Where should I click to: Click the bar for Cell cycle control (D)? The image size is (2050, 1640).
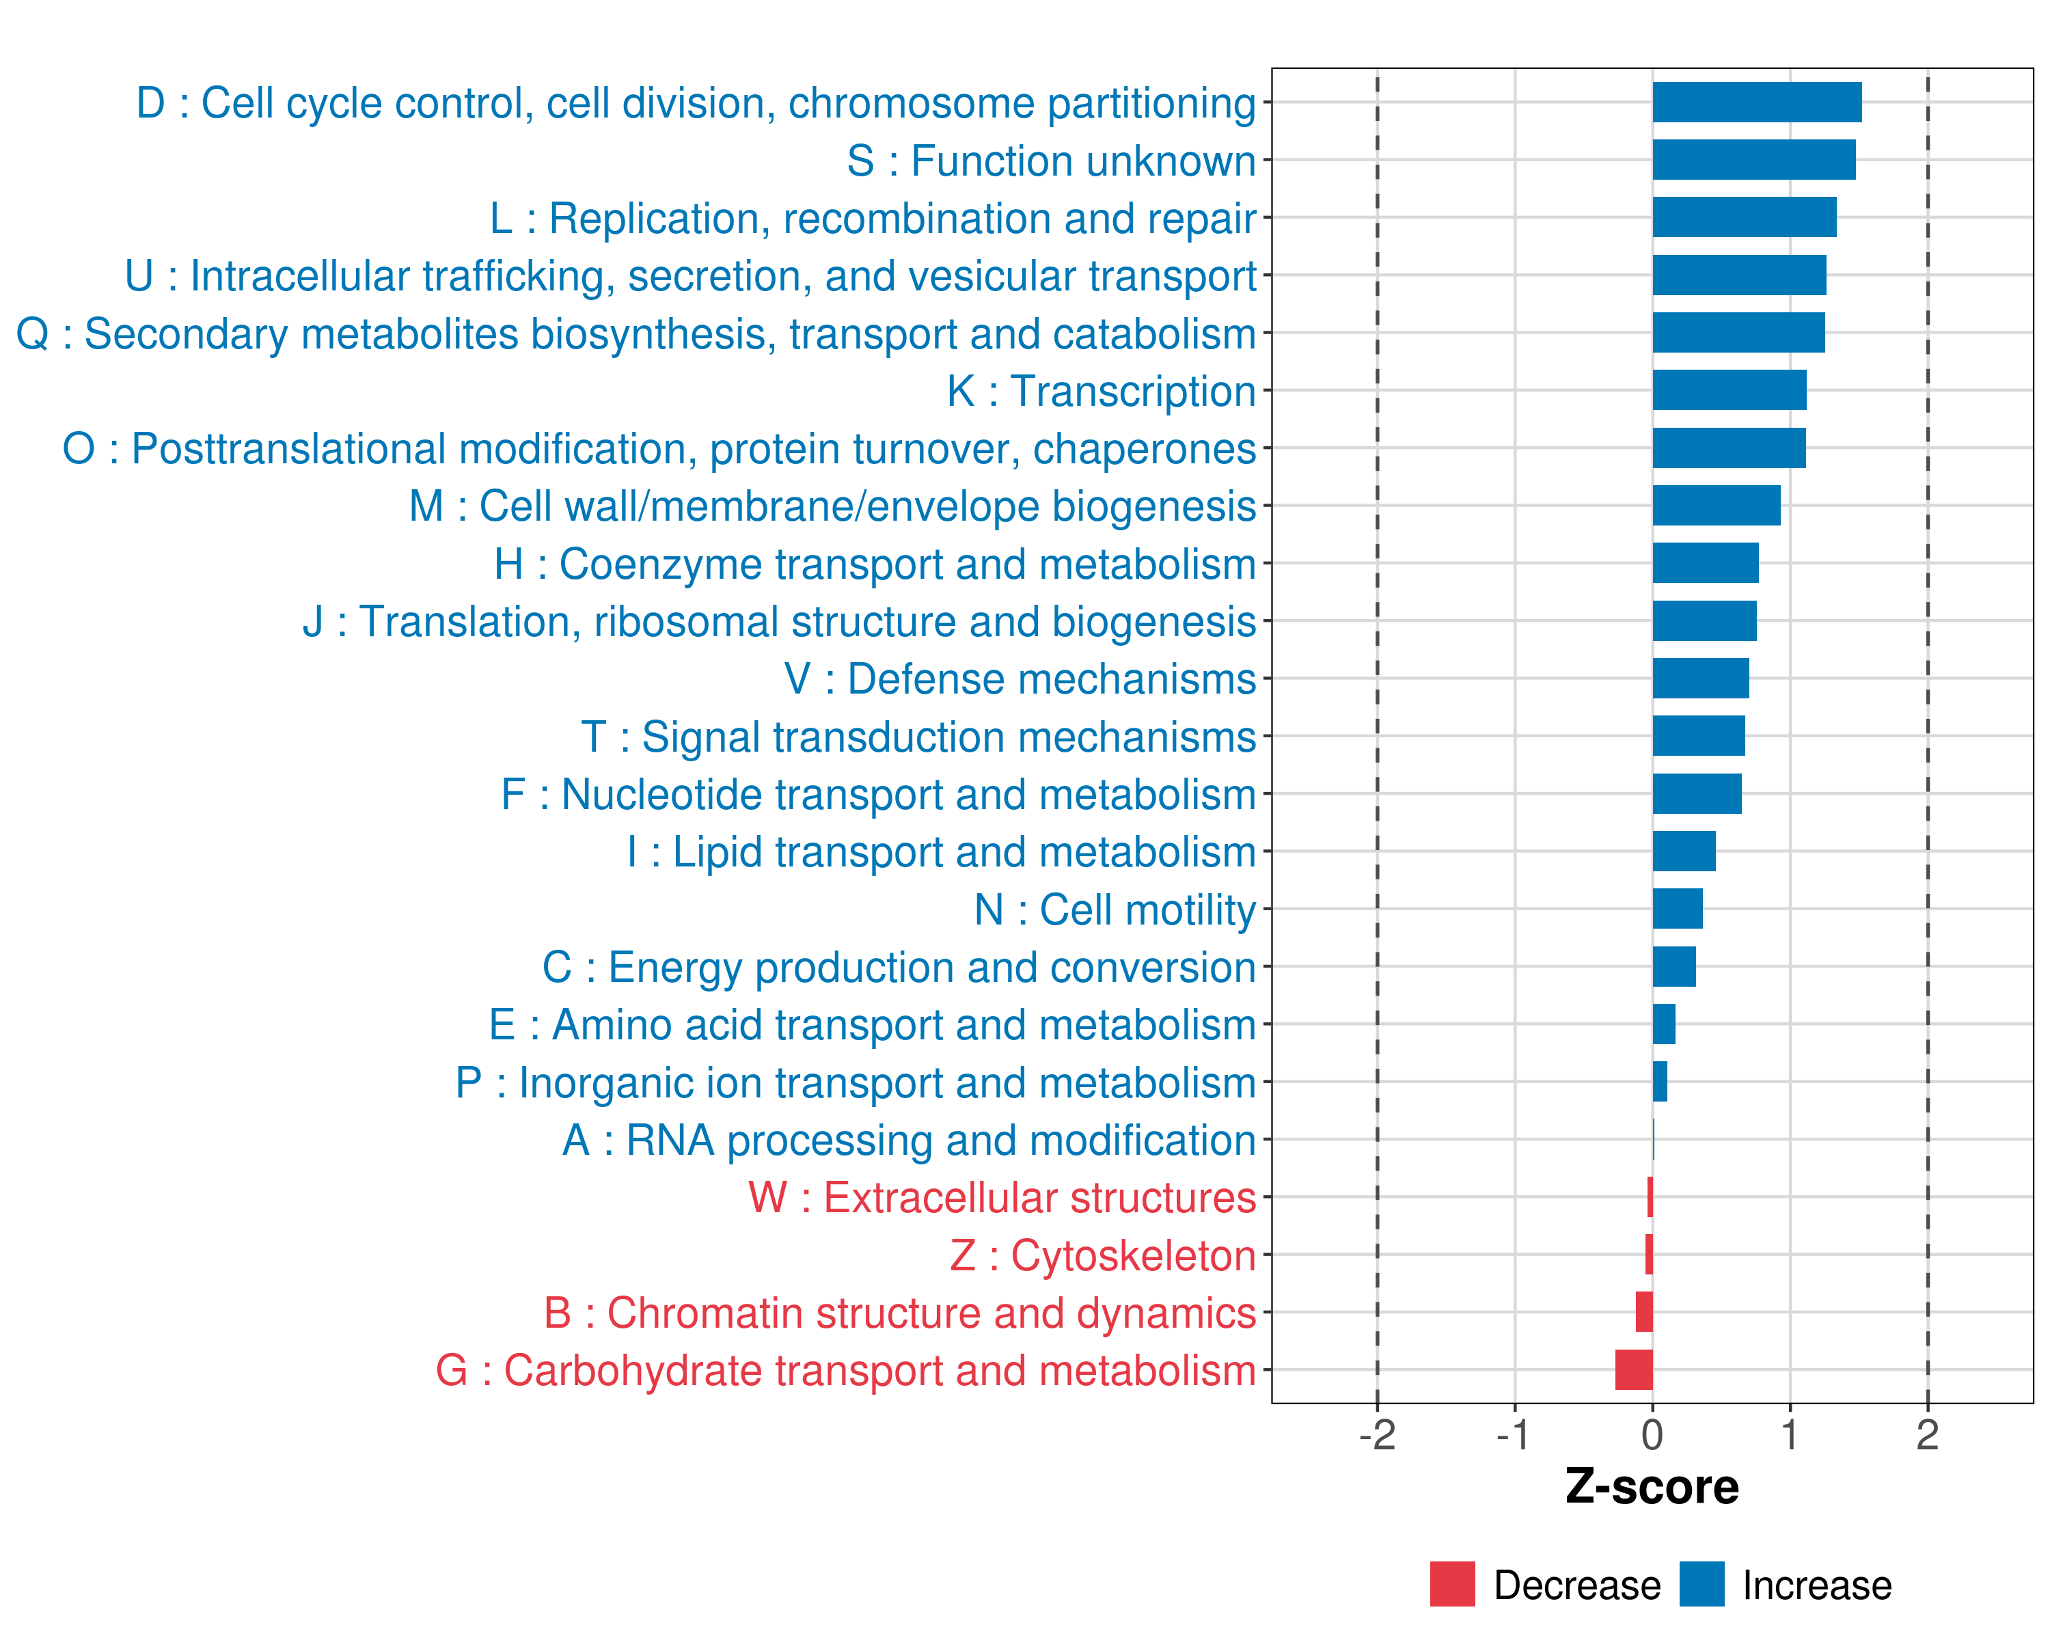click(1756, 102)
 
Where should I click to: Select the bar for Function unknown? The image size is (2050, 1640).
click(1753, 160)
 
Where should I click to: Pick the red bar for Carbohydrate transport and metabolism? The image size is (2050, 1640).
click(1634, 1370)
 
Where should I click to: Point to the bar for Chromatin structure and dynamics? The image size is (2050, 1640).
click(1644, 1312)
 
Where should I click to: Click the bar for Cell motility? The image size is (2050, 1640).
click(1678, 909)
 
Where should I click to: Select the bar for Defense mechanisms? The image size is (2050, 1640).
click(1700, 679)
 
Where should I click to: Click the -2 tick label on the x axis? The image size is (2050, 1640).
click(1377, 1434)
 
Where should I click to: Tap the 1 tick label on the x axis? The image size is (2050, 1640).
click(1790, 1434)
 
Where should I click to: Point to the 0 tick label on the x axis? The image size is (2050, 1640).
click(1652, 1434)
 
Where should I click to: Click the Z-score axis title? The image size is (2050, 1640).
click(1652, 1487)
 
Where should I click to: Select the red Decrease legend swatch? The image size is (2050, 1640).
click(1452, 1584)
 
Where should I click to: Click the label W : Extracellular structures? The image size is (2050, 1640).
click(1002, 1198)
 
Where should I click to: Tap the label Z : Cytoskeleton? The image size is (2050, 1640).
click(1103, 1256)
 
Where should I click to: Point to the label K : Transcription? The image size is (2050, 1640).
click(1101, 392)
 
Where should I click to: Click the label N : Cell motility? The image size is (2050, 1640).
click(1115, 910)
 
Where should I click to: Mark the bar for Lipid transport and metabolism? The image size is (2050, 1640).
click(1684, 851)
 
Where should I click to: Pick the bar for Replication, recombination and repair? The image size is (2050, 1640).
click(1744, 218)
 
